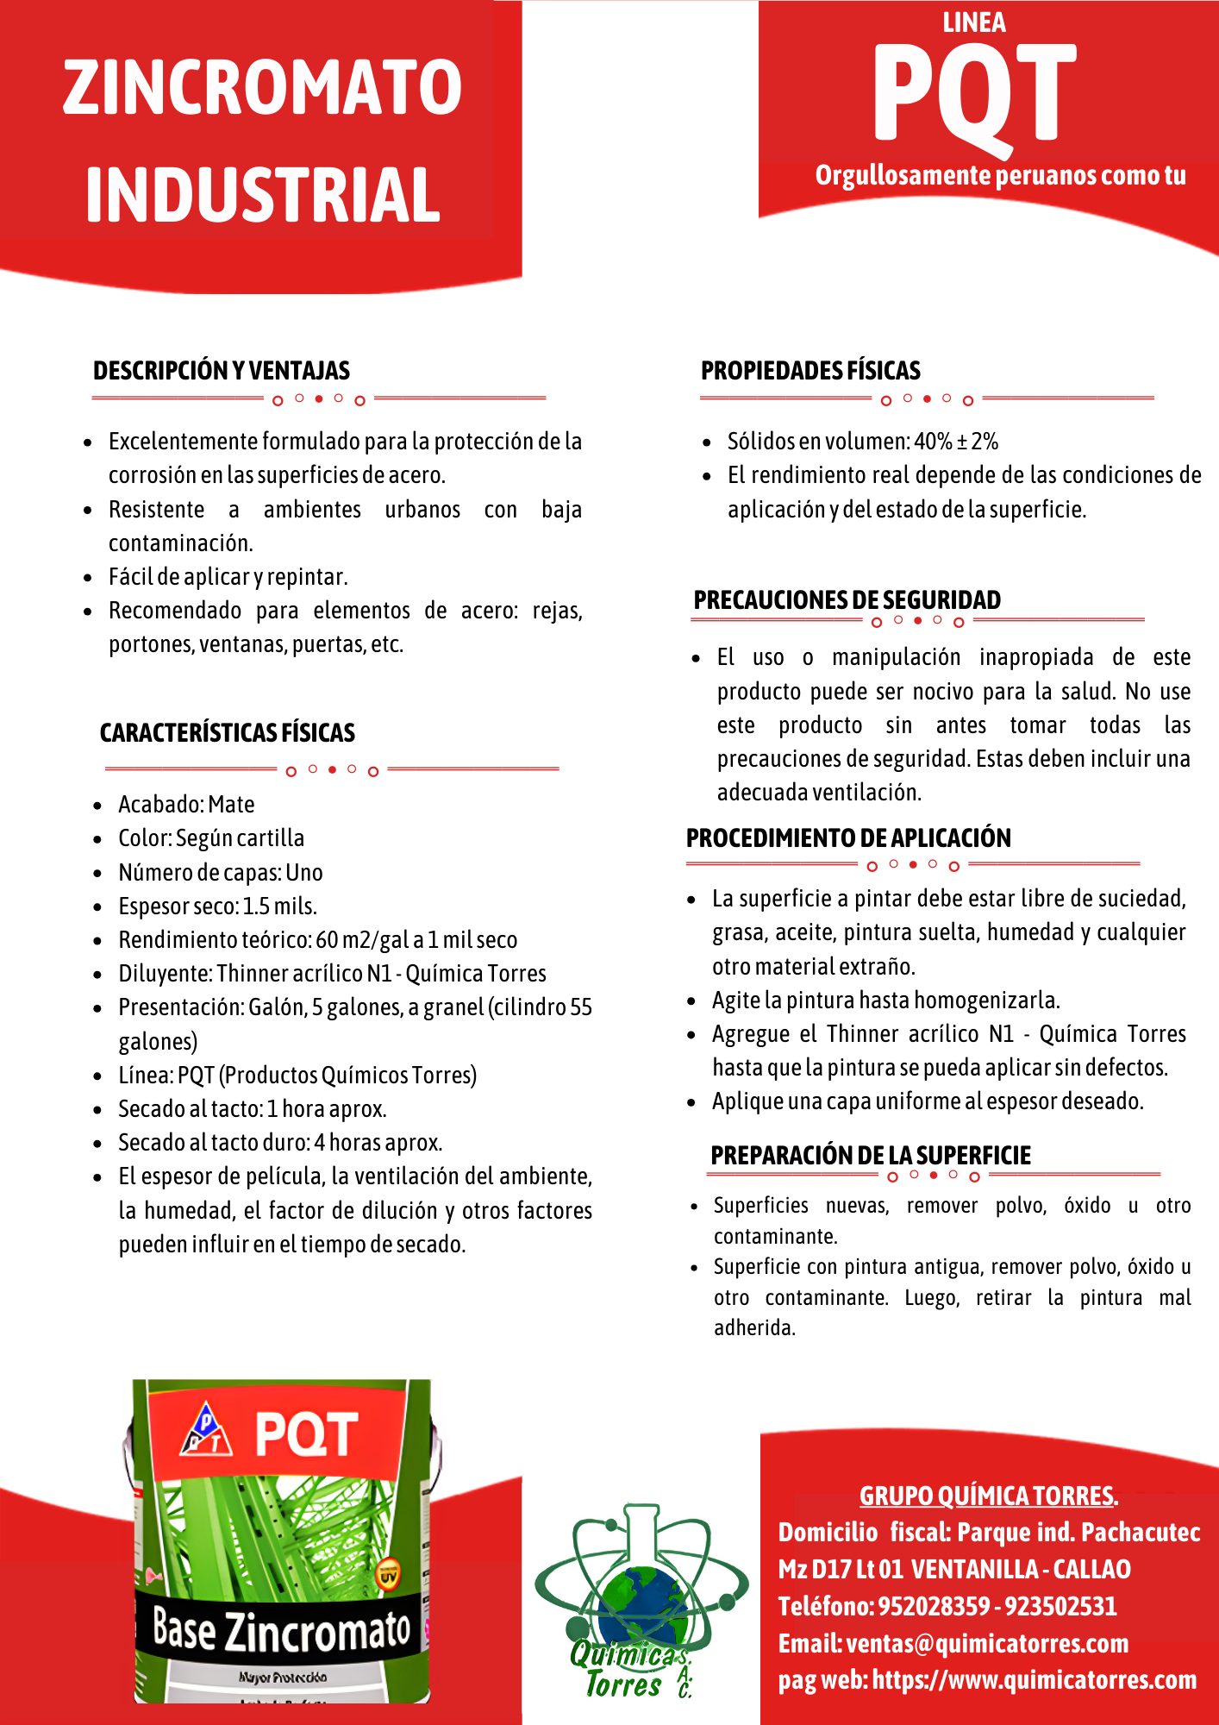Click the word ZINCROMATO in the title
262,88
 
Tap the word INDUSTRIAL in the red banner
262,195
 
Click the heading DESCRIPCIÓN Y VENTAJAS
222,371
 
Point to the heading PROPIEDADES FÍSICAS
810,371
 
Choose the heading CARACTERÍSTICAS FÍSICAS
228,733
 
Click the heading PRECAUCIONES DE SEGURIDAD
847,599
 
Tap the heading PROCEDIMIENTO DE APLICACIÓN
848,837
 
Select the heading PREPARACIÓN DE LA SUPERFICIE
871,1155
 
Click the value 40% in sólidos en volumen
933,442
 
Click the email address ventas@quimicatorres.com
987,1643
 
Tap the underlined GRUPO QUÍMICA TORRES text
988,1496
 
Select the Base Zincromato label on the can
281,1630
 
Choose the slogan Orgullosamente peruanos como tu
1000,175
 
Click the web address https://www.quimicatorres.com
1035,1679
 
